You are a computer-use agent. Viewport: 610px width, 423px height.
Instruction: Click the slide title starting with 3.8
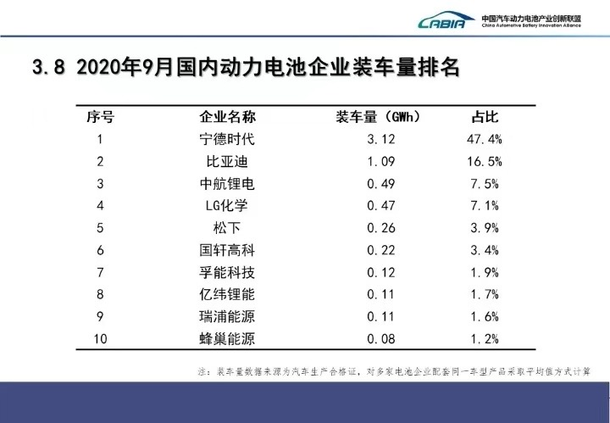point(246,69)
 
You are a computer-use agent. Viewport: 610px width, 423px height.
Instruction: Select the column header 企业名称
point(227,117)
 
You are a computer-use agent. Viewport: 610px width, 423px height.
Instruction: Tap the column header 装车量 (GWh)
point(378,117)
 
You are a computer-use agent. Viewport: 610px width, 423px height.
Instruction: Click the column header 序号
point(100,117)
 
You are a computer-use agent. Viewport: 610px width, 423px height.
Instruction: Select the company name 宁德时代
point(227,139)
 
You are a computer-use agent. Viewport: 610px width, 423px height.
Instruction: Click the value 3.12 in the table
point(378,139)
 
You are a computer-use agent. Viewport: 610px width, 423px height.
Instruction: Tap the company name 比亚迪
point(227,161)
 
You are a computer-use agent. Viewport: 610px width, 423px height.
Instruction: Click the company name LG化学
point(227,205)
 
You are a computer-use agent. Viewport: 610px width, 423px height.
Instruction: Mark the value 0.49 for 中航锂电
point(378,183)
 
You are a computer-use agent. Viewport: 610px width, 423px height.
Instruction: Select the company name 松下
point(227,227)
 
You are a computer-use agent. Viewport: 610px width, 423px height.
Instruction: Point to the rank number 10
point(100,338)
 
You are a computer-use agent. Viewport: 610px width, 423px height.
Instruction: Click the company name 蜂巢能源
point(227,338)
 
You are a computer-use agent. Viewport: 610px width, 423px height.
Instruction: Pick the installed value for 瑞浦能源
point(378,316)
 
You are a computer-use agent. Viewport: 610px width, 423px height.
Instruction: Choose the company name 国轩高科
point(227,250)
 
